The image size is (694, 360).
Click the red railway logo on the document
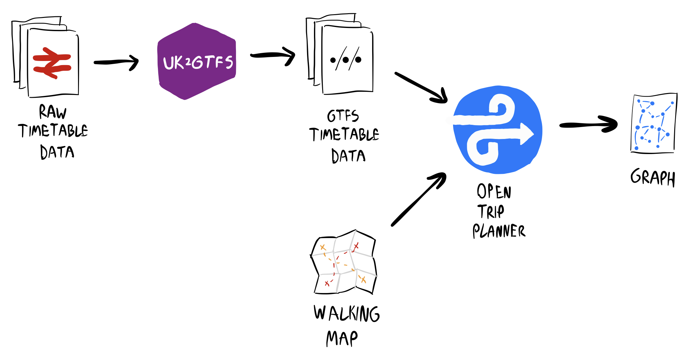tap(52, 63)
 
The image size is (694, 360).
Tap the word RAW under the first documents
tap(53, 112)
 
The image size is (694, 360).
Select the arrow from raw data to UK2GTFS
tap(116, 62)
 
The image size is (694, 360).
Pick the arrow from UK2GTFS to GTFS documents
tap(272, 55)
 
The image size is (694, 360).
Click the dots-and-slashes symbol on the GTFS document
tap(345, 59)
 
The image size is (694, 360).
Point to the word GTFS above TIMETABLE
tap(343, 116)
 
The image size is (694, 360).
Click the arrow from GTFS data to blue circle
tap(420, 87)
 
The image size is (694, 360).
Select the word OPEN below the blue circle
tap(494, 191)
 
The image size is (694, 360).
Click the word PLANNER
tap(499, 231)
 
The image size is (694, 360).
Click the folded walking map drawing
tap(344, 263)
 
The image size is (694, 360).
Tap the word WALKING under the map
tap(346, 314)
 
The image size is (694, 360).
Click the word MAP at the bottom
tap(342, 339)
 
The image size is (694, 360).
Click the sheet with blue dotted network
tap(653, 123)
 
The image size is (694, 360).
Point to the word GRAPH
tap(652, 178)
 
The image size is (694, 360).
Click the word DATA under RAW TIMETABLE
tap(57, 152)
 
